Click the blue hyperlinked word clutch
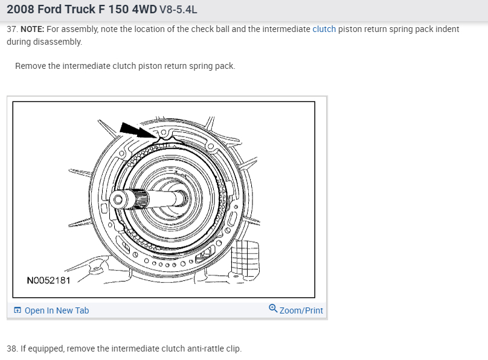tap(324, 29)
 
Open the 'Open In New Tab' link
tap(57, 310)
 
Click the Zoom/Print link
tap(301, 310)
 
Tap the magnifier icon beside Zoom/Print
tap(273, 308)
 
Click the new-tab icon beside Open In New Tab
tap(18, 310)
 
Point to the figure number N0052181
tap(48, 280)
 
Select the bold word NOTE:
tap(33, 29)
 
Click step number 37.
tap(13, 29)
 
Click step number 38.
tap(13, 349)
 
